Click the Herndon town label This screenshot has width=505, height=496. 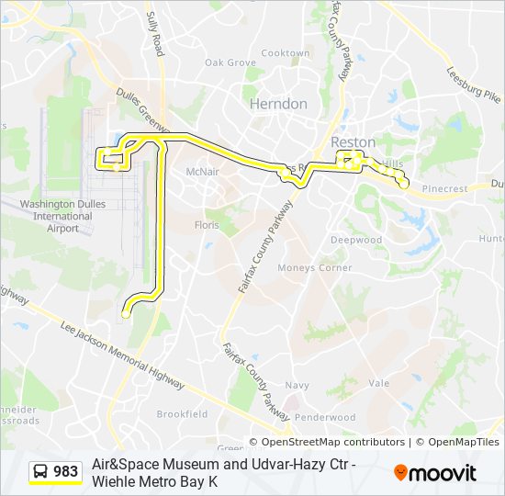click(x=278, y=104)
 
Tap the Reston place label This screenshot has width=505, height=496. click(x=353, y=142)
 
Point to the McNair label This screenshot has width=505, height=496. click(x=201, y=172)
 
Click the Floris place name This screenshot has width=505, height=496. click(x=208, y=224)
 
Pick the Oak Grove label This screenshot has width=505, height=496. click(x=230, y=62)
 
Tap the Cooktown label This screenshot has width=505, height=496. click(x=285, y=53)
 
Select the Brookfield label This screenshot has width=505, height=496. click(x=182, y=414)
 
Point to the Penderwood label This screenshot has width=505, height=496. click(x=326, y=417)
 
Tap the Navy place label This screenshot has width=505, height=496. click(x=297, y=386)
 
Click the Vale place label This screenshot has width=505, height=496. click(x=378, y=383)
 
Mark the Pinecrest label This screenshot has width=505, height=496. click(x=443, y=188)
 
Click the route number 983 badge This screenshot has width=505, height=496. click(x=55, y=472)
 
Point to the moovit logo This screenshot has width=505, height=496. click(x=435, y=473)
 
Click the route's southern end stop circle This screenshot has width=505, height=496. click(x=126, y=314)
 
